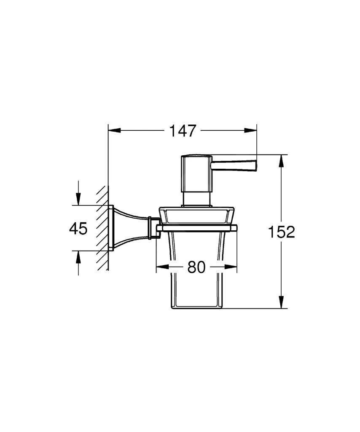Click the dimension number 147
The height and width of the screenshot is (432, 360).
[x=182, y=131]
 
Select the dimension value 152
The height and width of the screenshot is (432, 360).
[x=281, y=232]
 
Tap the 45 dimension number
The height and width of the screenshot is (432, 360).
[x=78, y=228]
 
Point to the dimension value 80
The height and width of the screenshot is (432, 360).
[x=196, y=267]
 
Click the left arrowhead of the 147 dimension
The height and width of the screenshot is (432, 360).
[x=115, y=130]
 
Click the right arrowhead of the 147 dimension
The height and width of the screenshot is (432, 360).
[x=250, y=130]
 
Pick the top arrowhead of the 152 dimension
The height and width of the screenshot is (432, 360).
[x=281, y=161]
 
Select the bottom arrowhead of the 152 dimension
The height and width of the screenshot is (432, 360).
[x=281, y=302]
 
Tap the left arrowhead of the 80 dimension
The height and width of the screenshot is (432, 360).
[x=162, y=267]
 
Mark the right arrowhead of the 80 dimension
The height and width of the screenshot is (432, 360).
[x=231, y=267]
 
